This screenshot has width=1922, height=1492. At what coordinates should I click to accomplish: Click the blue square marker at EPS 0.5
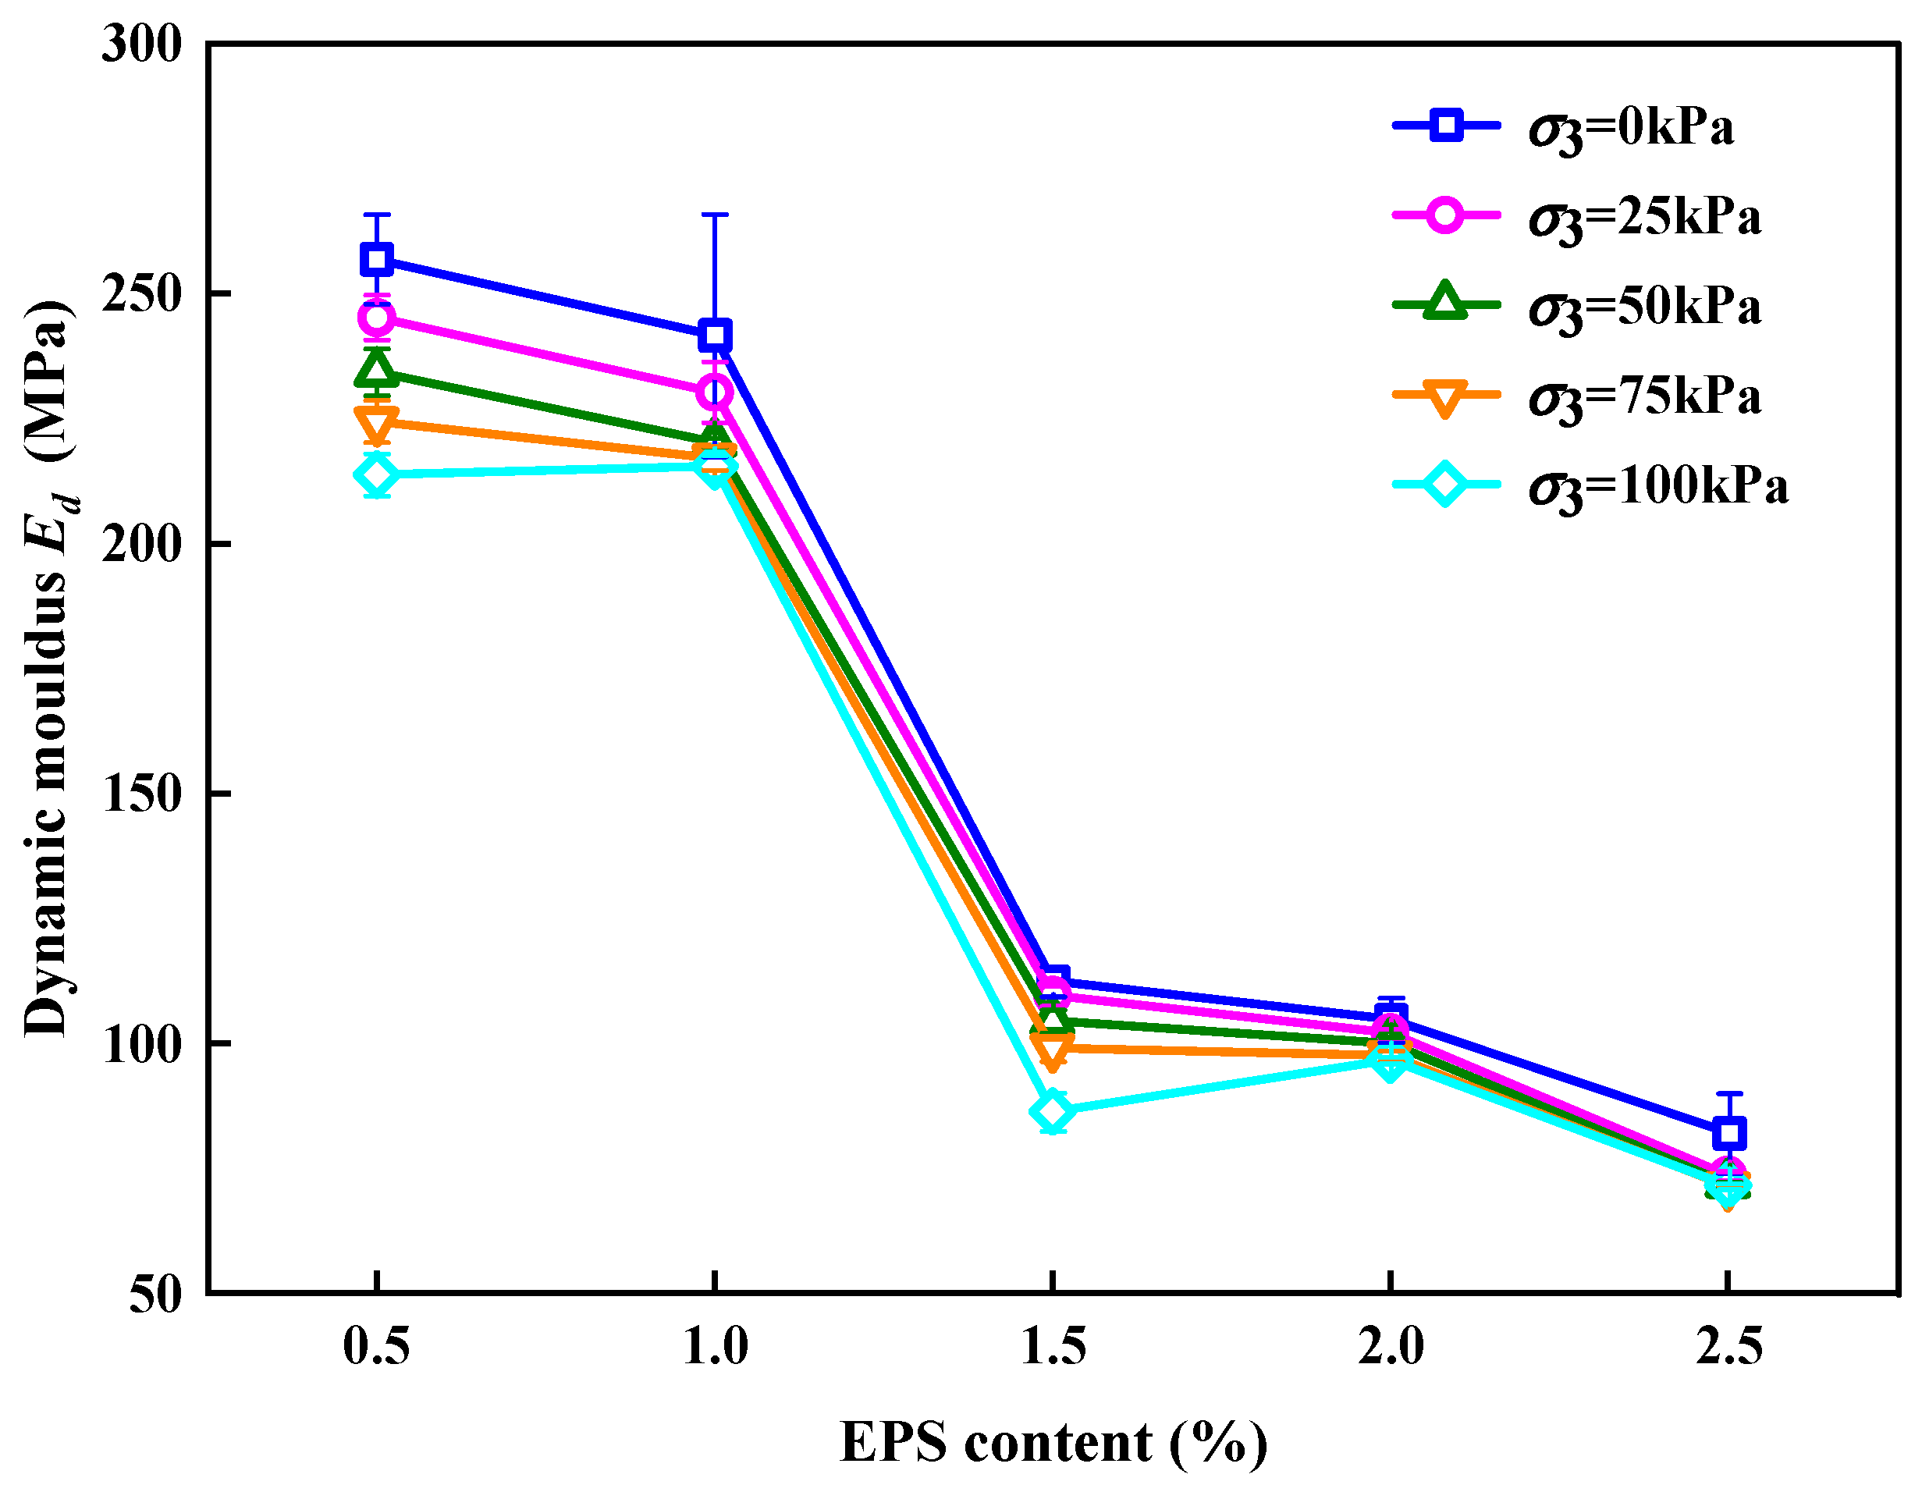coord(377,260)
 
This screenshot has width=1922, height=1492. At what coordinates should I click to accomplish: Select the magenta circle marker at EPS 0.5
coord(377,318)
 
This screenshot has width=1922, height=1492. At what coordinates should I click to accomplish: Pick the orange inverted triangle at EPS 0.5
coord(377,424)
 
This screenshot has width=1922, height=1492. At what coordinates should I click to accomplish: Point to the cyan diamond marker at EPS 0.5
coord(377,476)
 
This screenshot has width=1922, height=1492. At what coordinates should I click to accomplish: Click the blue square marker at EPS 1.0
coord(715,336)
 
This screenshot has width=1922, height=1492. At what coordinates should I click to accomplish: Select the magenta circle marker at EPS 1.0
coord(715,393)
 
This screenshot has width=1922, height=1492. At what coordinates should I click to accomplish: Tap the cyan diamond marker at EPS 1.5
coord(1053,1111)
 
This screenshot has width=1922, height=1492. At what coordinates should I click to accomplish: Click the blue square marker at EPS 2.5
coord(1728,1133)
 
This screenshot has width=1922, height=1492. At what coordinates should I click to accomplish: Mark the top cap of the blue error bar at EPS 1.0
coord(715,215)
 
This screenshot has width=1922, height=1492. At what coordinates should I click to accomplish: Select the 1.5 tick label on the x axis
coord(1053,1347)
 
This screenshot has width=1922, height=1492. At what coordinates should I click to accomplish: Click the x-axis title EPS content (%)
coord(1053,1444)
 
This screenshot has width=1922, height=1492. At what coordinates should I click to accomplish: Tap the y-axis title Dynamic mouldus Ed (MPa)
coord(48,669)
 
